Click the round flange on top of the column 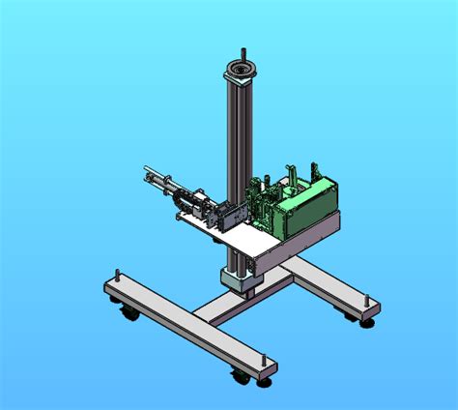point(240,72)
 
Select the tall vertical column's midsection point(238,145)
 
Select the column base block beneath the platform point(240,279)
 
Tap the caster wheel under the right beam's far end point(367,320)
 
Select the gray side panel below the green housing point(314,232)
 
